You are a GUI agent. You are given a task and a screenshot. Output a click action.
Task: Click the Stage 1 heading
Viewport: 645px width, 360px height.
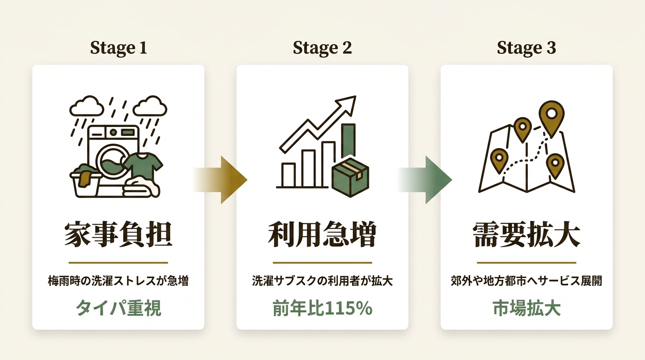(x=118, y=48)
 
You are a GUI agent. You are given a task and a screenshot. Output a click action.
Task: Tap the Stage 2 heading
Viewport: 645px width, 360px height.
(x=322, y=48)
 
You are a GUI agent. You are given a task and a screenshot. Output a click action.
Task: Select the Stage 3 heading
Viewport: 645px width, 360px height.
(x=526, y=48)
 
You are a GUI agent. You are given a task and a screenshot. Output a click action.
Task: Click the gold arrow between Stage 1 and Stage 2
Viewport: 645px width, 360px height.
(x=220, y=180)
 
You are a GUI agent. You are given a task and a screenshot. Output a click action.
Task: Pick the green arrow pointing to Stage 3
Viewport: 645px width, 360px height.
(x=425, y=180)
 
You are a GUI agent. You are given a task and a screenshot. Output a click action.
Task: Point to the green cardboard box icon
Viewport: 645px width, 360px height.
(x=350, y=177)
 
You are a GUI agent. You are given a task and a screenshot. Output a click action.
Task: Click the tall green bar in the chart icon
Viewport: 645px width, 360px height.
(x=348, y=142)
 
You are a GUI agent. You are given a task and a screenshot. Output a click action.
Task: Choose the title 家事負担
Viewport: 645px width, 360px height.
(x=118, y=234)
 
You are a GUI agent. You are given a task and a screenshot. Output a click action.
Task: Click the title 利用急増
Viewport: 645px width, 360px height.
(x=322, y=234)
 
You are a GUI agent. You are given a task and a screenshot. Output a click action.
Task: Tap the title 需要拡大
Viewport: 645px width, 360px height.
(x=526, y=234)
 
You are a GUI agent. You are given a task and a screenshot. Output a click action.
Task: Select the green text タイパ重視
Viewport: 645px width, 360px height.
(x=118, y=308)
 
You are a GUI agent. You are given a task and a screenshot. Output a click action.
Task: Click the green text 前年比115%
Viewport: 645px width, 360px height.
(x=322, y=308)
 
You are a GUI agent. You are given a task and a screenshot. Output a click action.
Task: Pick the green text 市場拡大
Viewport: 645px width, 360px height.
(x=527, y=308)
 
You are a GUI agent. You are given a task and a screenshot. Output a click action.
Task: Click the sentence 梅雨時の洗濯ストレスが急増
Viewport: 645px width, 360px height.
(x=118, y=281)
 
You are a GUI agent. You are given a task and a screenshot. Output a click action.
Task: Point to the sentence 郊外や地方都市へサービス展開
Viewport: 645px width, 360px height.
(x=526, y=281)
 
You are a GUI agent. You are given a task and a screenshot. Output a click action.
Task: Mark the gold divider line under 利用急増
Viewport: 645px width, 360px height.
(x=322, y=262)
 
